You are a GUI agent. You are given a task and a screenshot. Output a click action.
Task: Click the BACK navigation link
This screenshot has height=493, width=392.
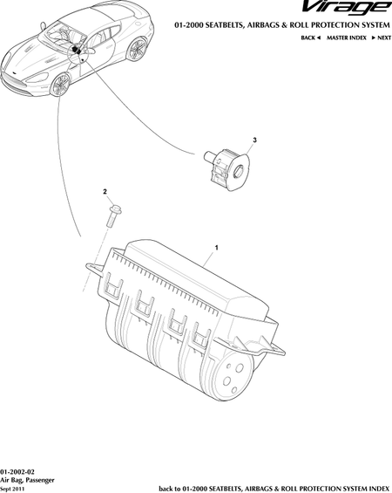click(x=310, y=38)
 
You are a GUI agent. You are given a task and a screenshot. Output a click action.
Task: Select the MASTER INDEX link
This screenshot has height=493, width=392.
click(x=347, y=38)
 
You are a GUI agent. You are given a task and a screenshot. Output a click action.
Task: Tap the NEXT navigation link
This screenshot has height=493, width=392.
click(x=382, y=38)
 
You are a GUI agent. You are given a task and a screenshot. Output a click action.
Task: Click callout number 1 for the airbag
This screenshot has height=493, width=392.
click(x=216, y=248)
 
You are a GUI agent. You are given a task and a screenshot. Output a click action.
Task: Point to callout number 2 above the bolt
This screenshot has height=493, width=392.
click(x=105, y=191)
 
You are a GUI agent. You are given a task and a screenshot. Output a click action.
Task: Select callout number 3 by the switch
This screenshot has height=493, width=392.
click(x=255, y=140)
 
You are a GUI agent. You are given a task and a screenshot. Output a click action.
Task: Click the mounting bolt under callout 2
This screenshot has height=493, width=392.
click(x=113, y=216)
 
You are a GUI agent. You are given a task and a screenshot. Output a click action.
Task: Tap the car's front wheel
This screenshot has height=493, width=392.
click(x=60, y=85)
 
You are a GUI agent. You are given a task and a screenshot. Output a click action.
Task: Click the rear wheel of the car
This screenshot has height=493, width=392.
click(x=137, y=49)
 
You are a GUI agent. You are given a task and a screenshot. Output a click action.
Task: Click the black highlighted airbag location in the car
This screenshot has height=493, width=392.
click(x=75, y=50)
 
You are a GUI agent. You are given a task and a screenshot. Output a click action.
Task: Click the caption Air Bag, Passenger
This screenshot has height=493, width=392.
click(x=27, y=480)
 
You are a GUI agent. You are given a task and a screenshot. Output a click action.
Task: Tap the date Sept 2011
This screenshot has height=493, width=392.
click(x=12, y=489)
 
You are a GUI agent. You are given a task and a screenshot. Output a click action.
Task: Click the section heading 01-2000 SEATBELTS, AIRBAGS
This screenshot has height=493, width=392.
click(x=282, y=24)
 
